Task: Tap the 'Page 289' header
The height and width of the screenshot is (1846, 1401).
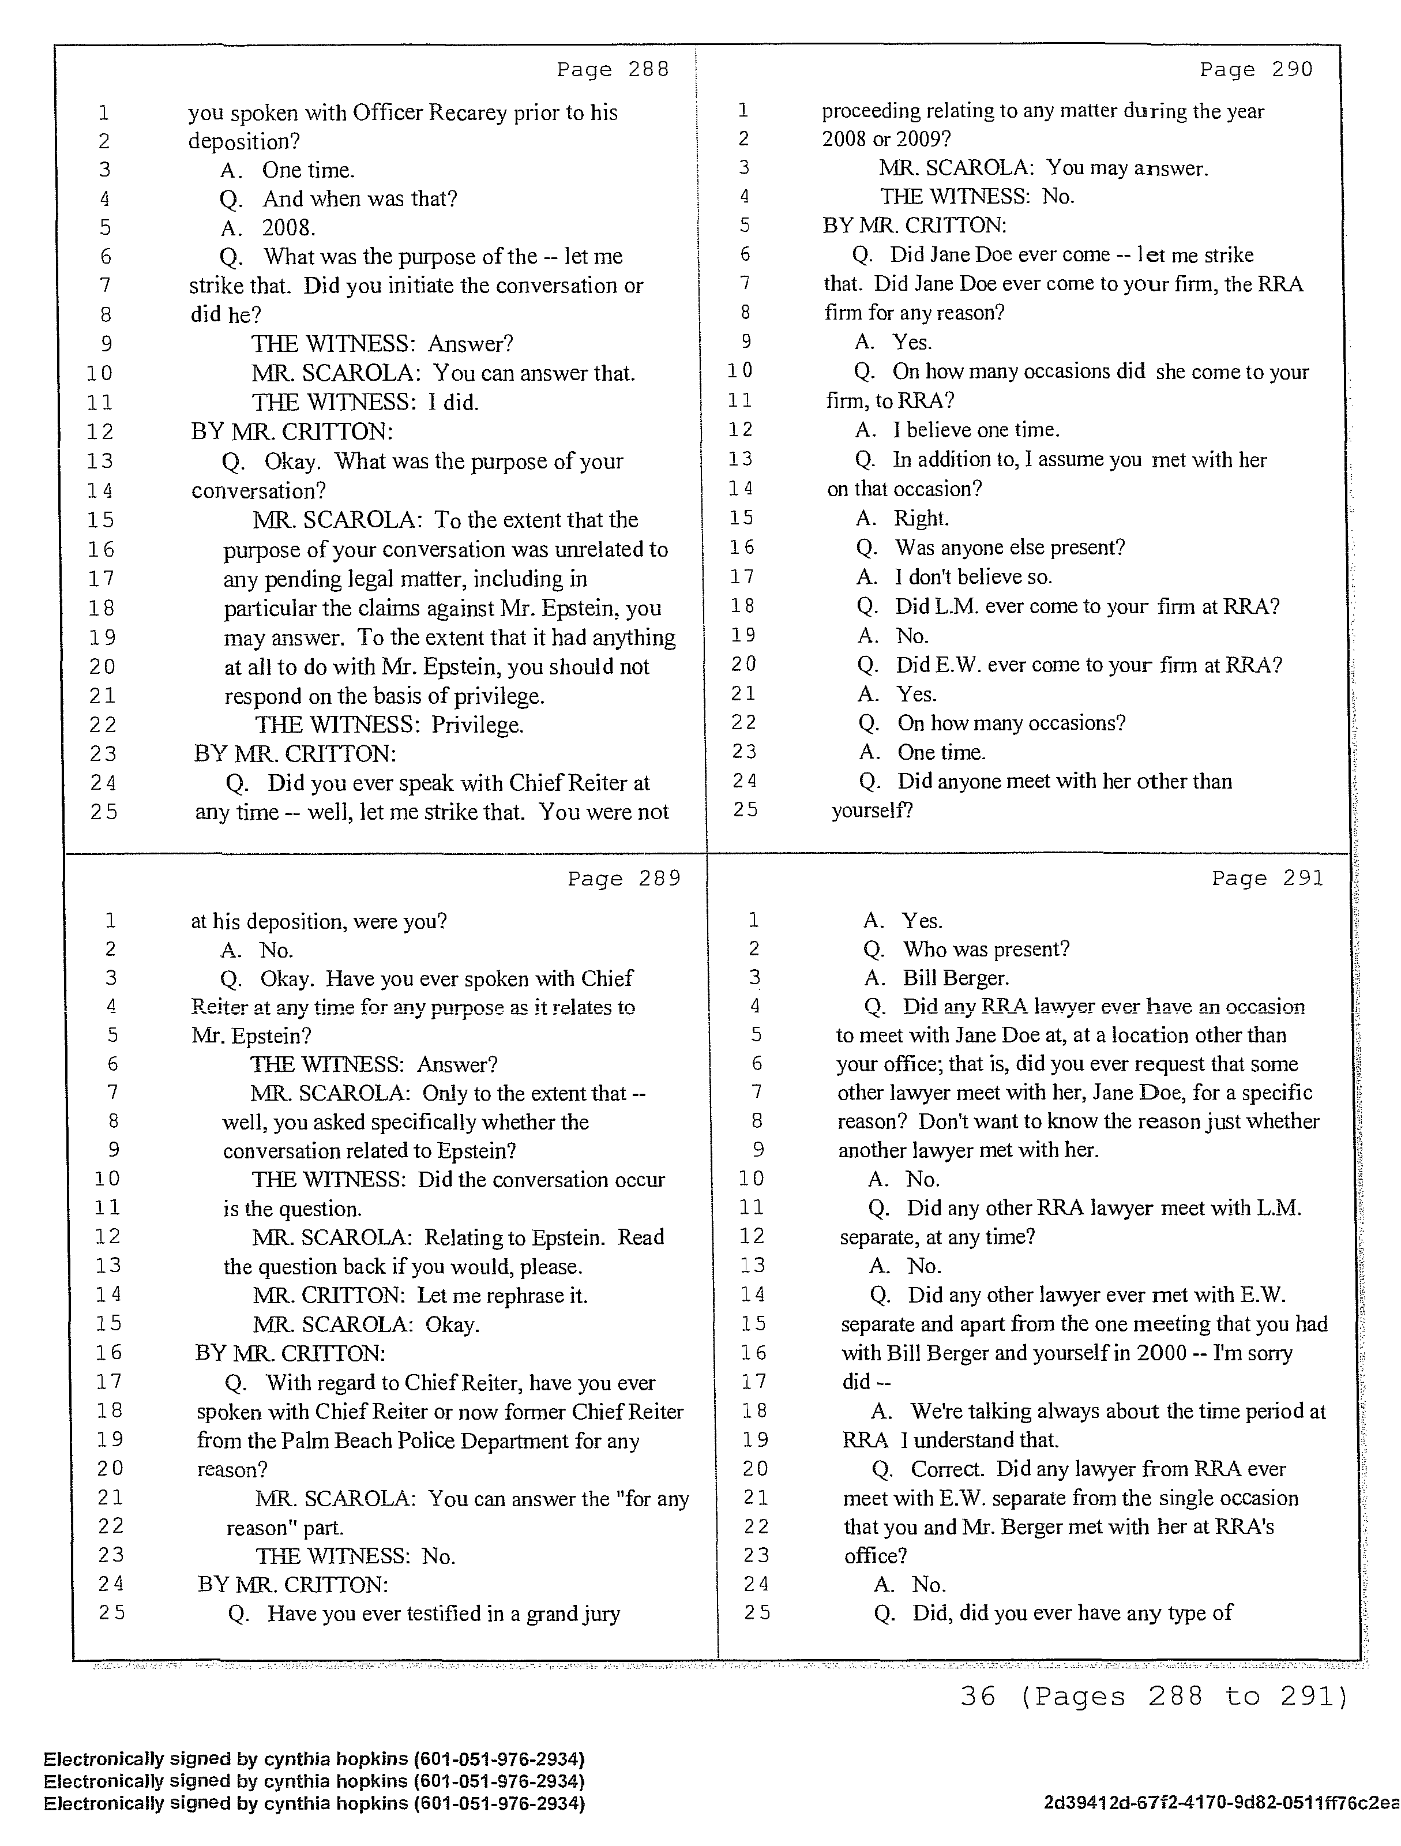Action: [x=624, y=879]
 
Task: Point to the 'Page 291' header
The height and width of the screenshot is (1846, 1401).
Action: [x=1268, y=878]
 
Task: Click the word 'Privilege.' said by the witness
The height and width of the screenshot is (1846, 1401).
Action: [x=478, y=725]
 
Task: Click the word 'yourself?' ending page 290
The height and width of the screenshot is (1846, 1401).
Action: [x=871, y=811]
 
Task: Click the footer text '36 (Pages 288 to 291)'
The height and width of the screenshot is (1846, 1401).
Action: [x=1154, y=1697]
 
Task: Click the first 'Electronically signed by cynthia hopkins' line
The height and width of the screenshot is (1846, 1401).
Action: [x=314, y=1759]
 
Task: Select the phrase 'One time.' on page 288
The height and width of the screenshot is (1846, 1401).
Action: [x=308, y=170]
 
